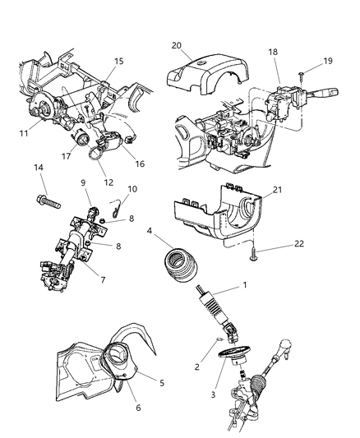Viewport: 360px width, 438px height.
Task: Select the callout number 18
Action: pos(272,52)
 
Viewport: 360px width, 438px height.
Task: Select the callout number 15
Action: pos(118,62)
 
